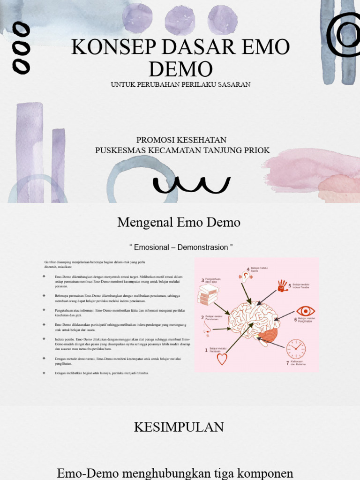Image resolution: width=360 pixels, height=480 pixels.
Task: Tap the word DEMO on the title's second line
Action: point(180,69)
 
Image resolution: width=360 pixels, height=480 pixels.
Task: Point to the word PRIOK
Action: point(257,150)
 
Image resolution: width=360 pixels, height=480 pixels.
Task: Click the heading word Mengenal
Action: point(145,222)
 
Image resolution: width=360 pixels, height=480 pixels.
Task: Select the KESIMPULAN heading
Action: point(179,427)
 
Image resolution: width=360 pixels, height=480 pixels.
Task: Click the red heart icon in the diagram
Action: point(222,359)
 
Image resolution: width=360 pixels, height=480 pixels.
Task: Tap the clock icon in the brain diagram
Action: point(296,349)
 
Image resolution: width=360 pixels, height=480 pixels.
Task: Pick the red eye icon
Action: point(306,311)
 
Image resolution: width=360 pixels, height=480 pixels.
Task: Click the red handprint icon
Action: point(282,285)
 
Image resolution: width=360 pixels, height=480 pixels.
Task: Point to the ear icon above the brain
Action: point(246,277)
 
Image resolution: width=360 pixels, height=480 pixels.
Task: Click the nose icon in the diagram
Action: point(207,330)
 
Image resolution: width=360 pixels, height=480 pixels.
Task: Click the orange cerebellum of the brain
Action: point(268,335)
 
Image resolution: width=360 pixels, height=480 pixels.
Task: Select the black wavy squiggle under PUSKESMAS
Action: point(192,185)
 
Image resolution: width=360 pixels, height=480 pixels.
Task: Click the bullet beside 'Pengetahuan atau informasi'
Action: point(44,310)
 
